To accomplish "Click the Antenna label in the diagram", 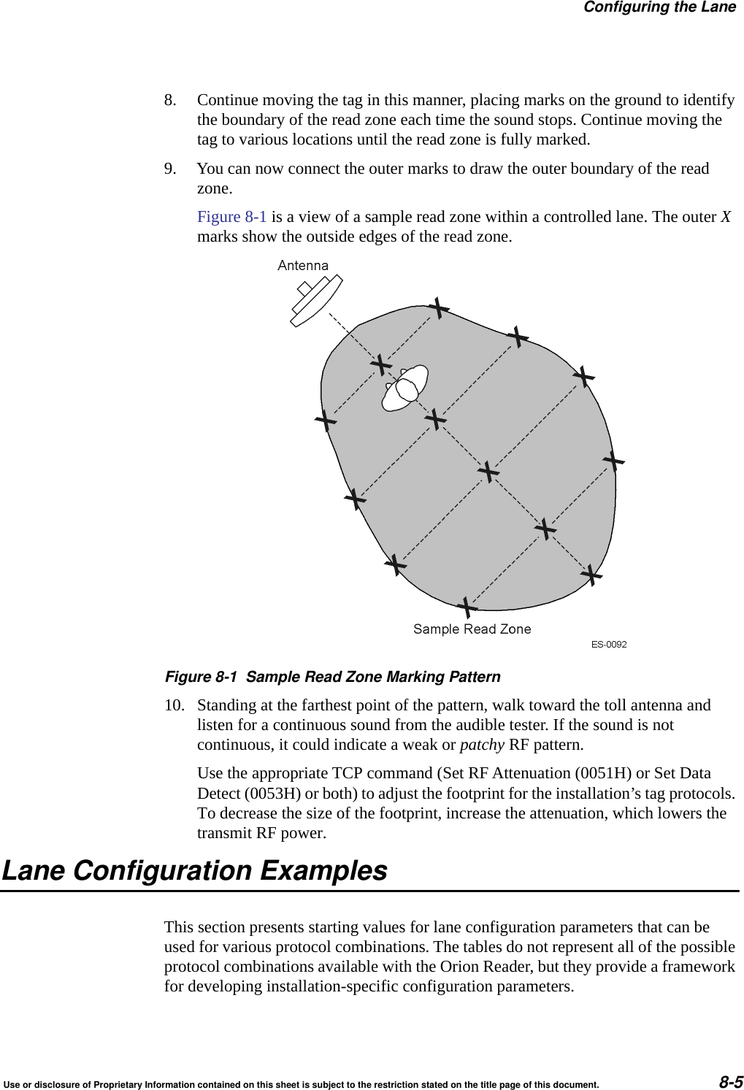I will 303,266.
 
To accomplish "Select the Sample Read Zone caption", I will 472,629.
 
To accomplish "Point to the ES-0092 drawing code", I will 608,644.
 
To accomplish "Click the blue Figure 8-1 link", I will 231,217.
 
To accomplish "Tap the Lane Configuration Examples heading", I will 195,871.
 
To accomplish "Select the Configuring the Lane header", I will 659,7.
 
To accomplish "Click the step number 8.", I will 170,100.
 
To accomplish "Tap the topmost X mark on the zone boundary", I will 438,308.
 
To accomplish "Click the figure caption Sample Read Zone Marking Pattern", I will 373,677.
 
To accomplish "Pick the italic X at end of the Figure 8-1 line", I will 726,217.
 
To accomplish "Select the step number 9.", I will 170,169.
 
